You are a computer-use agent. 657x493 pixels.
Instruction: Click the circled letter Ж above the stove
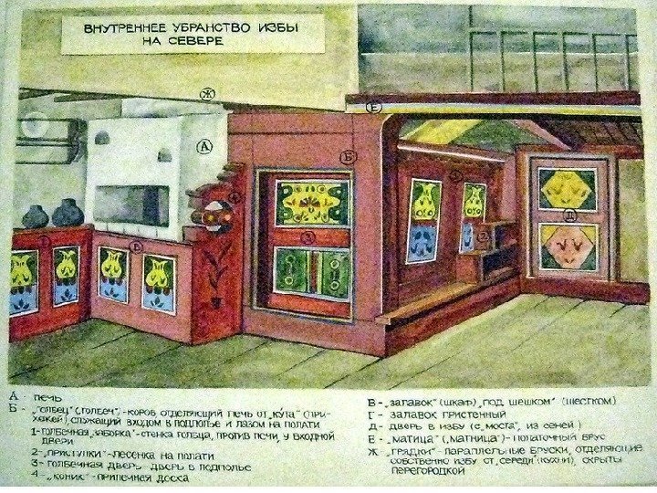207,92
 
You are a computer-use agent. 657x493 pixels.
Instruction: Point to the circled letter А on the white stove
204,145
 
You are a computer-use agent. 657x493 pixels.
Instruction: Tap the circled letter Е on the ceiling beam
372,108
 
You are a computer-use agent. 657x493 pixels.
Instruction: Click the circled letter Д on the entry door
568,216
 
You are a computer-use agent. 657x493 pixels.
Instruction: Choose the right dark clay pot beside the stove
68,214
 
